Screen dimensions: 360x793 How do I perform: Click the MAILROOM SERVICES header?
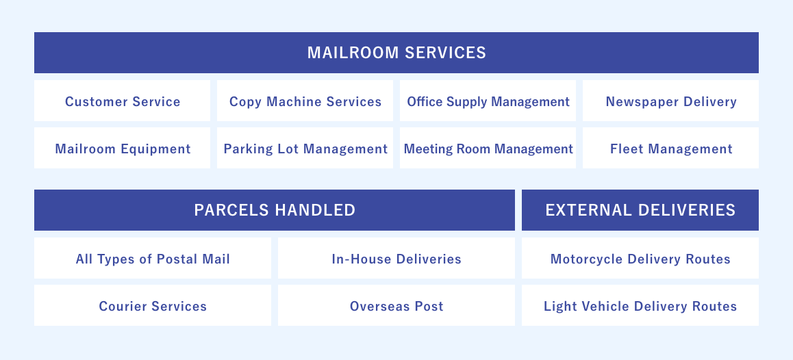click(396, 53)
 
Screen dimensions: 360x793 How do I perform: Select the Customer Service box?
click(123, 101)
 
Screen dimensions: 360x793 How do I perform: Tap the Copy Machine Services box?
click(305, 101)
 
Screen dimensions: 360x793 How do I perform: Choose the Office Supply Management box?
click(488, 101)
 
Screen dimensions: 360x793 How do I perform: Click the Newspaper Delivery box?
click(671, 101)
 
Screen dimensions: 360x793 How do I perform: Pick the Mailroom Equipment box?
click(123, 149)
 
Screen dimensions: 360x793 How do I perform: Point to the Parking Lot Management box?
click(305, 149)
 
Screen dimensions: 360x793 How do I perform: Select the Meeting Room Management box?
click(488, 149)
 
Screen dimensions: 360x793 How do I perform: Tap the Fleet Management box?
click(671, 149)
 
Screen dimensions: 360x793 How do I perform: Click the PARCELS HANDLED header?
click(275, 210)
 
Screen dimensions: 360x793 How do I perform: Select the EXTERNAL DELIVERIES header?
click(640, 210)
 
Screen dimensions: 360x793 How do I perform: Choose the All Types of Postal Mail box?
click(153, 259)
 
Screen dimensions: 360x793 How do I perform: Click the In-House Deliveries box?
click(396, 259)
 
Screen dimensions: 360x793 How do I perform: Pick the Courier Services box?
click(153, 306)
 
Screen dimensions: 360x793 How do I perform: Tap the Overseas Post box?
click(396, 306)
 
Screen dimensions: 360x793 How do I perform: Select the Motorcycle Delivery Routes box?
click(640, 259)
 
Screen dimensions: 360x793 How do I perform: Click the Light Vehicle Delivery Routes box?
click(640, 306)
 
